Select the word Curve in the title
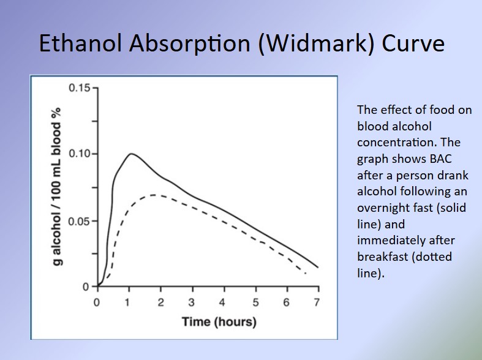(413, 43)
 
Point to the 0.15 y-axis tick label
(79, 88)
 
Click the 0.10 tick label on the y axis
(79, 154)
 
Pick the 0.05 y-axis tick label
(78, 221)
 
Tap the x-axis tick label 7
(317, 302)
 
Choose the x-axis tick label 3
(192, 302)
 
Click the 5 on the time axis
(255, 302)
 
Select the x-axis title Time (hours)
(219, 321)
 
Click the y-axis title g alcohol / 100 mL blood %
(56, 187)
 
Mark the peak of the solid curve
(132, 154)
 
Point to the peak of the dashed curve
(154, 195)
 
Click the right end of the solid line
(318, 267)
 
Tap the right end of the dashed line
(306, 273)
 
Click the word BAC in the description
(441, 159)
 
